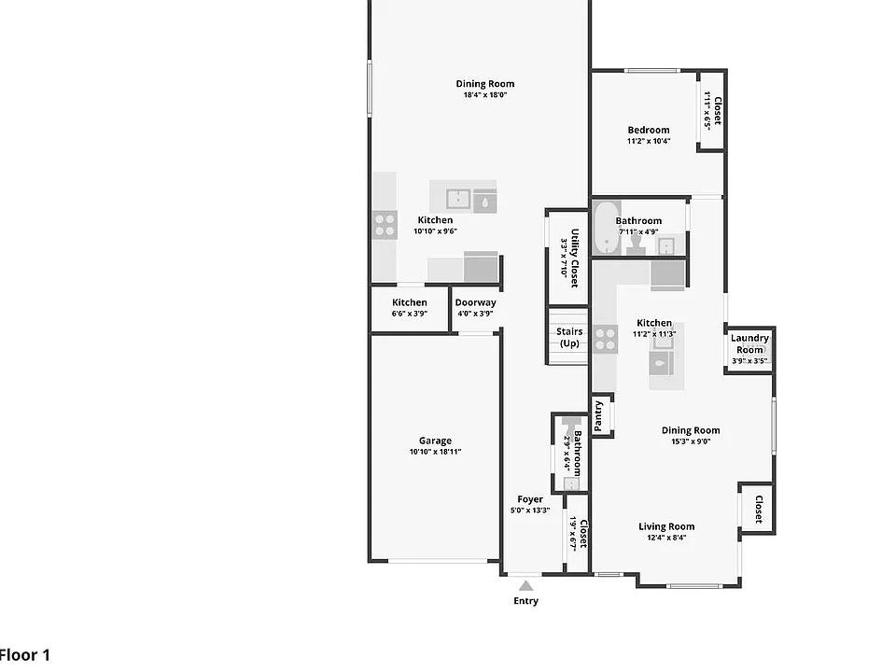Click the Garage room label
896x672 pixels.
coord(435,441)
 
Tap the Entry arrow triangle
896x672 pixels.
coord(525,586)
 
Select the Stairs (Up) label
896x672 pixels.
coord(569,337)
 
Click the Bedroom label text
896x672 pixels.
coord(649,130)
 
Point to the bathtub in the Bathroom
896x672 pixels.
coord(607,228)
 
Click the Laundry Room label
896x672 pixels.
coord(749,343)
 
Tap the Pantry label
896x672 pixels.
coord(598,416)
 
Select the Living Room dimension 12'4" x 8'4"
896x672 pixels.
coord(666,538)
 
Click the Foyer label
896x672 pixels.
coord(530,498)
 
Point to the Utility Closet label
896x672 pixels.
coord(574,258)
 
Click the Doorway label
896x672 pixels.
coord(475,302)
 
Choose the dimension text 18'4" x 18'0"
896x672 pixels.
coord(485,95)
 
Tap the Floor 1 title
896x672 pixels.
coord(25,655)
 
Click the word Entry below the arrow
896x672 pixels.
coord(525,600)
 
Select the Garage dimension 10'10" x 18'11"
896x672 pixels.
coord(435,452)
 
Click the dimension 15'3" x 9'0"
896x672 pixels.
coord(691,441)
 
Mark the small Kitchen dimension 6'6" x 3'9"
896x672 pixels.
coord(409,314)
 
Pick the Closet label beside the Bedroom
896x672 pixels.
coord(718,110)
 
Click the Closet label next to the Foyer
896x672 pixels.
coord(582,534)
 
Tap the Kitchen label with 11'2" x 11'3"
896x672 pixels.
coord(654,323)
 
